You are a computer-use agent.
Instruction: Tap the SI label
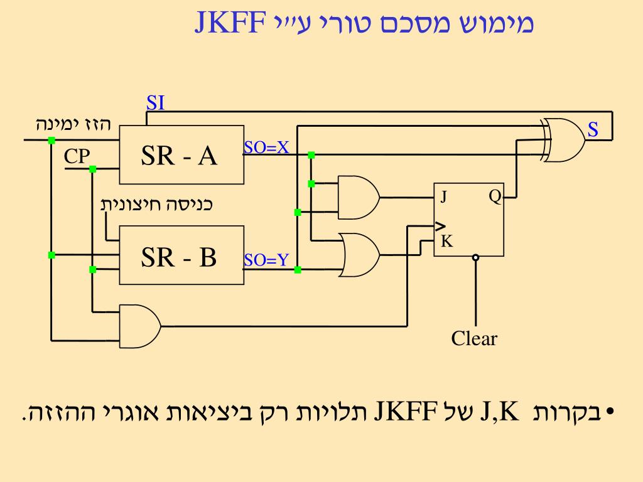pos(155,103)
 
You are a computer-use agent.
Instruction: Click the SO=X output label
pos(266,147)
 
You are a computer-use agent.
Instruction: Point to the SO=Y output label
pos(266,259)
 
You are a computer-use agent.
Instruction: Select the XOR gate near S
pos(564,141)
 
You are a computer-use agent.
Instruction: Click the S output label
pos(593,130)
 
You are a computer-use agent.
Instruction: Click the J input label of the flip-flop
pos(443,197)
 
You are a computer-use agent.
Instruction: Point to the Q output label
pos(495,197)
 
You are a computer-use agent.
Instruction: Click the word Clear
pos(474,339)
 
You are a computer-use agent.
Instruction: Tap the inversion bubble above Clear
pos(475,257)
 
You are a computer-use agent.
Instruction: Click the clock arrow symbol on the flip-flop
pos(440,226)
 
